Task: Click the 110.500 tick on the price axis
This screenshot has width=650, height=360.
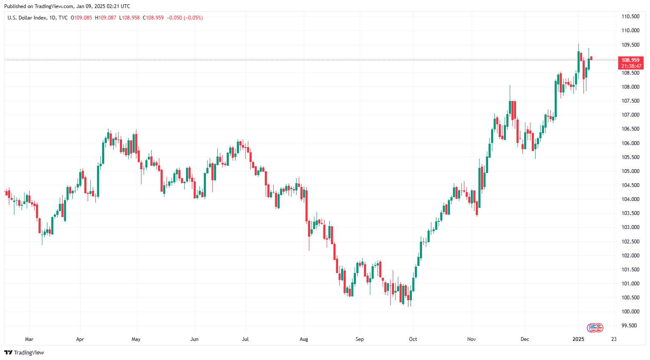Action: pos(630,17)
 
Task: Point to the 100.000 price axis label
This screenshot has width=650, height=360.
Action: pos(630,312)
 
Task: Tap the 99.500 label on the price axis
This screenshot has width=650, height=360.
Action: pos(629,326)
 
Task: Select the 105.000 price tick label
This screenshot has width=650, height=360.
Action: pos(630,171)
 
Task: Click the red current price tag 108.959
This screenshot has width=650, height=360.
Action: pos(631,60)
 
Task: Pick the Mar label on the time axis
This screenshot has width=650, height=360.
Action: pos(29,339)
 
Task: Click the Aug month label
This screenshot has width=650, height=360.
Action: pos(303,339)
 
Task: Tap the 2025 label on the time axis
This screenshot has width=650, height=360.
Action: pos(578,339)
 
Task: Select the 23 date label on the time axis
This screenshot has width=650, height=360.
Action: pos(614,339)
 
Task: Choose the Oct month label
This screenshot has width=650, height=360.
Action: pos(413,339)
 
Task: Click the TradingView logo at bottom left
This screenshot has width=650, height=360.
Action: pos(24,353)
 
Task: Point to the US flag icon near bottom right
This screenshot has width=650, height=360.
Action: pos(594,327)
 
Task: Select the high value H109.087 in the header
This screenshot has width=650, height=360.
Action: pos(106,18)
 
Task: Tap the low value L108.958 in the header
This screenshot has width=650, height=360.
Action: pos(129,18)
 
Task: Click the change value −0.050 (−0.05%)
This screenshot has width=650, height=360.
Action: pos(185,18)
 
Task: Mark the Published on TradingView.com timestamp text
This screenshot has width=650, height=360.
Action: pos(67,6)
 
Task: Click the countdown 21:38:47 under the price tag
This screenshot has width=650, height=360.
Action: pos(631,66)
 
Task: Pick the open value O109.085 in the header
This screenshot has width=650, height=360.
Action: pos(81,18)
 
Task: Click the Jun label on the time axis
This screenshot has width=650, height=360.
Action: pos(194,339)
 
